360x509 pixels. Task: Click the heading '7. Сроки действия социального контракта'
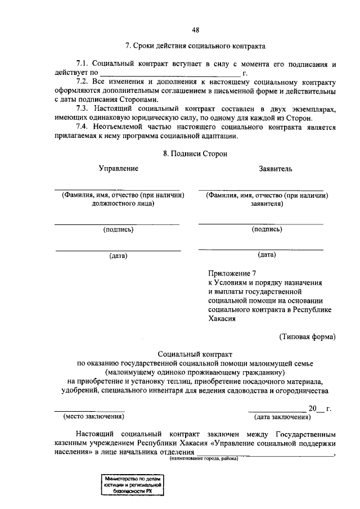coord(195,45)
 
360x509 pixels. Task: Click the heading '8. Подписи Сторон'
coord(195,153)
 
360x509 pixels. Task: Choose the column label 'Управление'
coord(118,168)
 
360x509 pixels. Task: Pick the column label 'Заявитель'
coord(275,168)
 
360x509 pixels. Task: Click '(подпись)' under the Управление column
coord(118,229)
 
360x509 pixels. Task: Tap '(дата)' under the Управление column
coord(118,256)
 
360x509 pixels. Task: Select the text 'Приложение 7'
coord(231,273)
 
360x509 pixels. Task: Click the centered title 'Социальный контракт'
coord(195,354)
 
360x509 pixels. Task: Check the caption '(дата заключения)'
coord(282,417)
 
